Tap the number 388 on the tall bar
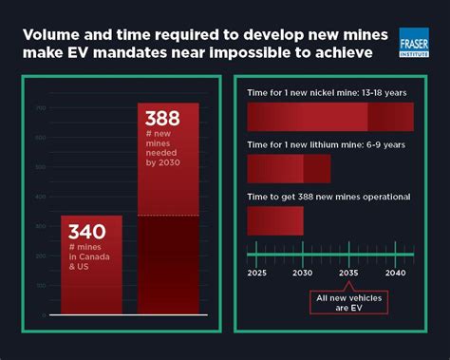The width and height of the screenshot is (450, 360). (161, 121)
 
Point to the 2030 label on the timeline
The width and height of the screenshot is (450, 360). (303, 274)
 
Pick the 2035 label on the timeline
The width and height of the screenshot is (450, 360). (348, 274)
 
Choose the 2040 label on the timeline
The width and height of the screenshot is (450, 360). (395, 274)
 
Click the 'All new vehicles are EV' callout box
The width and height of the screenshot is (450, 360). (348, 302)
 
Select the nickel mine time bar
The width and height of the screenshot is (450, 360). (329, 116)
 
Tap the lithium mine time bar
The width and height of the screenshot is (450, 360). (289, 168)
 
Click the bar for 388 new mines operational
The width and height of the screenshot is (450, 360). (275, 220)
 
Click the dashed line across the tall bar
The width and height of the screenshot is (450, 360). (168, 216)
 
